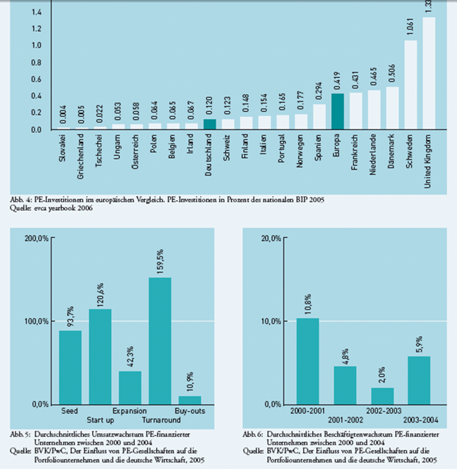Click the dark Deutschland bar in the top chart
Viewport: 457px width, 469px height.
[x=210, y=124]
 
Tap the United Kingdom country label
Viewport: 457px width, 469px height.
[x=430, y=161]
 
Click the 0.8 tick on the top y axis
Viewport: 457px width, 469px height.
[x=37, y=62]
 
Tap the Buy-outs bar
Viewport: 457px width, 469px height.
[x=189, y=400]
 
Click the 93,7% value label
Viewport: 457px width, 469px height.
[x=71, y=315]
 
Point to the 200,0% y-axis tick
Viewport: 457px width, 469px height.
[x=36, y=239]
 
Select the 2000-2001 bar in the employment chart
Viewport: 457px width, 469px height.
[x=308, y=361]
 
